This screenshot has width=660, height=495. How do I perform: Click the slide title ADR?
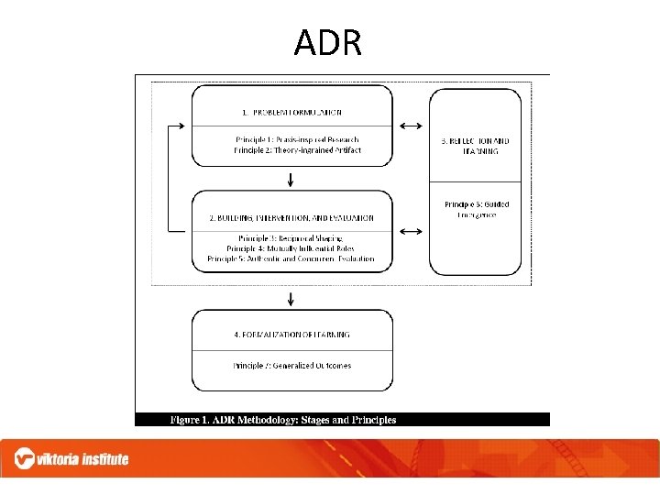[x=328, y=42]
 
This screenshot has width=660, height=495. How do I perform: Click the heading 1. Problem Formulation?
[x=291, y=113]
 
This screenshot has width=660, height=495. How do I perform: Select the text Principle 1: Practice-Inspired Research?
[x=291, y=139]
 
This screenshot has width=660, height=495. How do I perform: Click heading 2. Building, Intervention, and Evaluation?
[x=291, y=218]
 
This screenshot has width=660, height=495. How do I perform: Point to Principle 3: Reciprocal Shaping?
[x=291, y=238]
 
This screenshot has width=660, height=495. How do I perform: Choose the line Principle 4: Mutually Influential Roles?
[x=291, y=248]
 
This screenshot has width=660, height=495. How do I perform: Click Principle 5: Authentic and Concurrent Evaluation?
[x=291, y=258]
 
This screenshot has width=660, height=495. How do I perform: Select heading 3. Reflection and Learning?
[x=476, y=146]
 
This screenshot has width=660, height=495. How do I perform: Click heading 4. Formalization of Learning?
[x=291, y=335]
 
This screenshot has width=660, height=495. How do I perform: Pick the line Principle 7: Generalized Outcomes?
[x=291, y=365]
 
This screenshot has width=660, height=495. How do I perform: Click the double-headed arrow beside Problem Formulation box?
[x=412, y=126]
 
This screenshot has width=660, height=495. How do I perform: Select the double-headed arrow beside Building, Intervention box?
[x=412, y=231]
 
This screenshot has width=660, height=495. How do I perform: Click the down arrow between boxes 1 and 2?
[x=291, y=178]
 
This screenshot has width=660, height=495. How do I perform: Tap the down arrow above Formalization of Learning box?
[x=291, y=298]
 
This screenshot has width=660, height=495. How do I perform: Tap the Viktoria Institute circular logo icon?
[x=25, y=458]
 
